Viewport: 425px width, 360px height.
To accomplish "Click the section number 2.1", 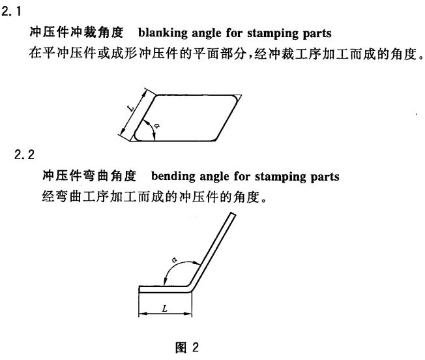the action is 11,12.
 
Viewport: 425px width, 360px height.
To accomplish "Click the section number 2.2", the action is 24,155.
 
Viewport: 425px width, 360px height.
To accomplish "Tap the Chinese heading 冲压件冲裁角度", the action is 76,33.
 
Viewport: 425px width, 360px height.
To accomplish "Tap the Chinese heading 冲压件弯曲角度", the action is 89,175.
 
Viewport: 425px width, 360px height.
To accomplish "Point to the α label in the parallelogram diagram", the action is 156,125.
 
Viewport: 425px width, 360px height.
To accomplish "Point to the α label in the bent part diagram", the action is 174,260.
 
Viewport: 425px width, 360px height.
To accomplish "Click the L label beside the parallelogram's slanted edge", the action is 131,109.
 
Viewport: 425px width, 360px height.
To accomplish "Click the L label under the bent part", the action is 165,308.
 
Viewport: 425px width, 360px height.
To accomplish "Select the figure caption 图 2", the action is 187,347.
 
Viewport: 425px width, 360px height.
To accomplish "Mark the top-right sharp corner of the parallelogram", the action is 241,95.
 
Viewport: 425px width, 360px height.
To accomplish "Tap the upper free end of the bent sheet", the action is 233,214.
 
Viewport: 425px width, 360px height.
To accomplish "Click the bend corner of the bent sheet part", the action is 190,289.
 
